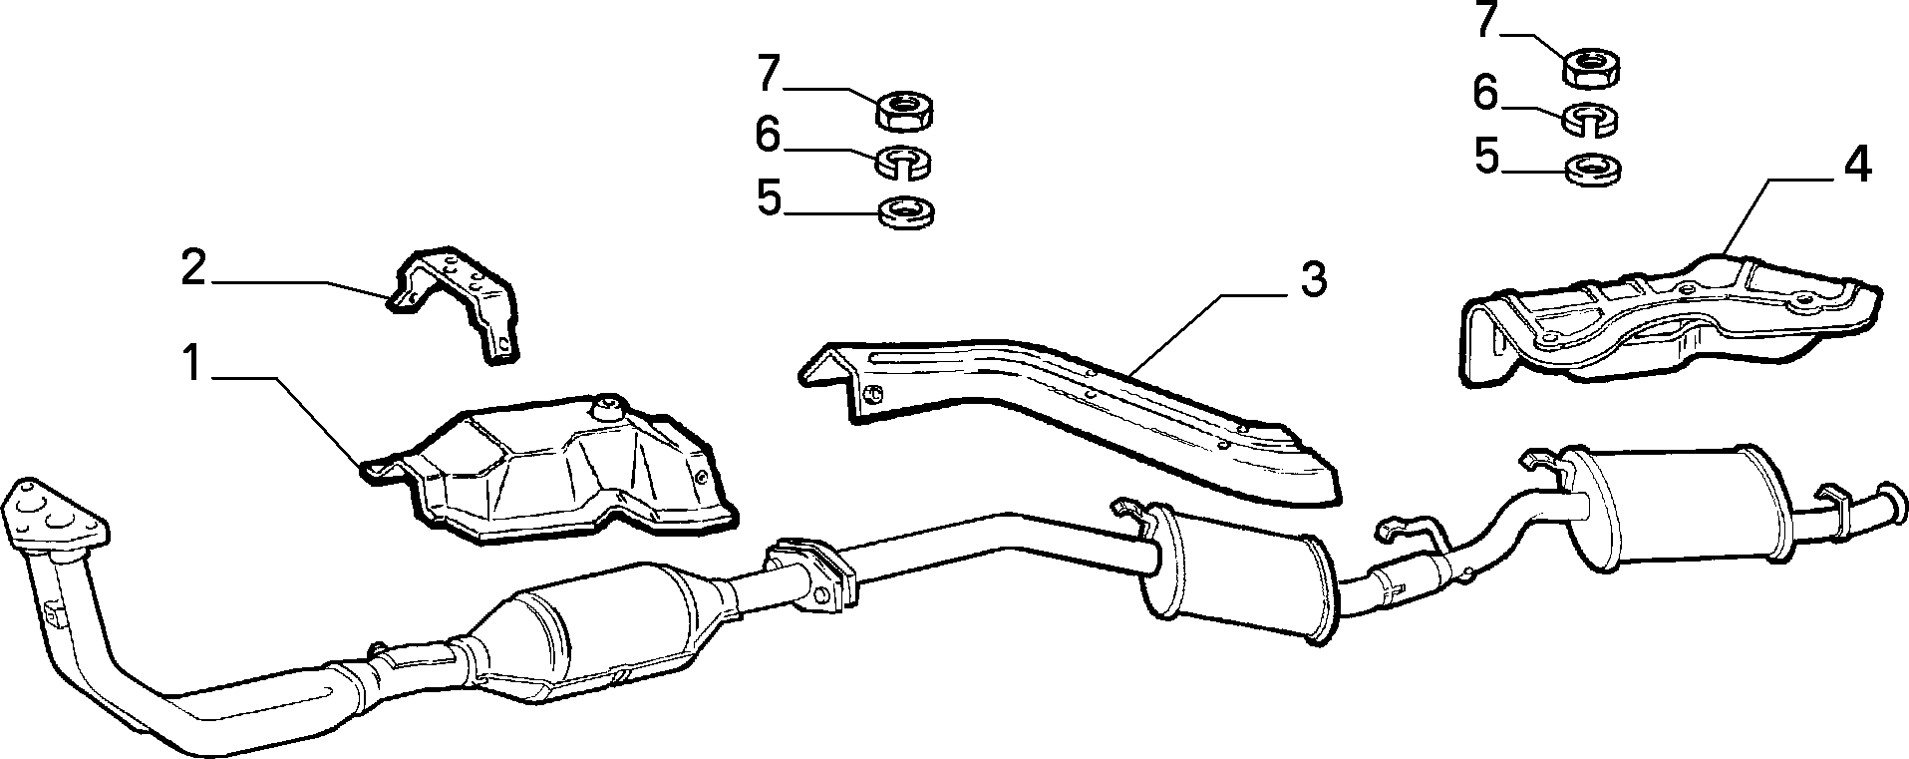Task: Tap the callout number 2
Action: coord(193,268)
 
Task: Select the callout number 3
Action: coord(1314,281)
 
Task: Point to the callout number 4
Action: coord(1855,166)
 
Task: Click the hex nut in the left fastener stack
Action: coord(904,109)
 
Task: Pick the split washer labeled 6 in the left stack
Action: coord(903,163)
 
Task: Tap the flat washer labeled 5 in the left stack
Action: coord(906,211)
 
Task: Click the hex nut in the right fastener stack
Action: coord(1592,67)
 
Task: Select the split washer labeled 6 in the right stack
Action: coord(1590,119)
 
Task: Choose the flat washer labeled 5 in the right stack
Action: coord(1593,170)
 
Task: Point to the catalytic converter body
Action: coord(598,628)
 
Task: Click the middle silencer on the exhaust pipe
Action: coord(1236,574)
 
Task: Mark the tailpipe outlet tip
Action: coord(1889,504)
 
